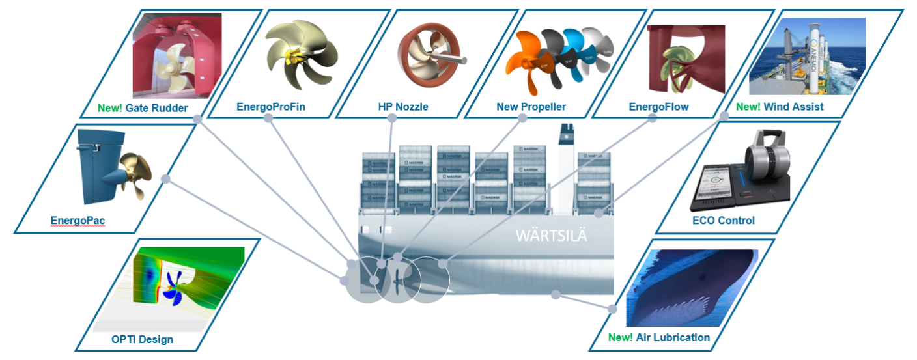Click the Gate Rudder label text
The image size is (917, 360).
tap(157, 108)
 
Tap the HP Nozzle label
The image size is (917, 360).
tap(403, 107)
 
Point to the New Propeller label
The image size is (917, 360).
tap(531, 107)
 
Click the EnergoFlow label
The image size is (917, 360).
tap(658, 107)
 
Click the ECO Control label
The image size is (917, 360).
tap(724, 221)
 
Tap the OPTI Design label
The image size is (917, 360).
tap(142, 339)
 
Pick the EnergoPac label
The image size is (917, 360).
tap(78, 221)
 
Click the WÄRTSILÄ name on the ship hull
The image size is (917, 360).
tap(551, 236)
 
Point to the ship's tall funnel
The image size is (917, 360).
tap(563, 163)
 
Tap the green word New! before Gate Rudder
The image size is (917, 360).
tap(109, 108)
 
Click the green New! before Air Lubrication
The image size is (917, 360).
tap(619, 337)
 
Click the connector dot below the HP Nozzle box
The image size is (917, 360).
tap(392, 118)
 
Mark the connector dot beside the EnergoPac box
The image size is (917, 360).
tap(165, 179)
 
